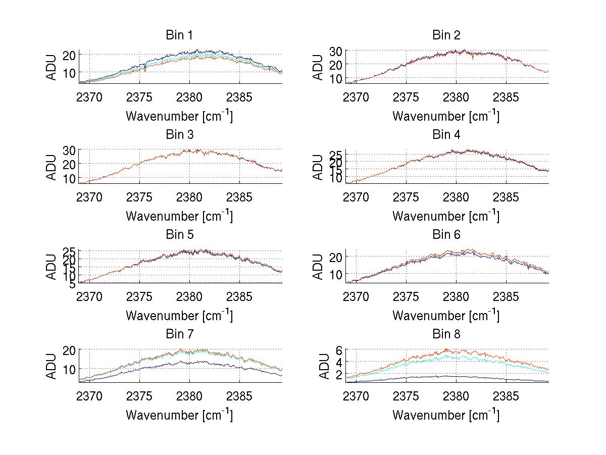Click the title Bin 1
click(x=179, y=35)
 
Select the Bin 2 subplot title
click(x=446, y=35)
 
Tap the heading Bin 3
click(x=179, y=135)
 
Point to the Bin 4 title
click(x=446, y=135)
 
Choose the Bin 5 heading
click(x=179, y=235)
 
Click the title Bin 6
click(x=446, y=235)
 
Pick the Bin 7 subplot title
click(x=179, y=334)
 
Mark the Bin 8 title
click(x=446, y=334)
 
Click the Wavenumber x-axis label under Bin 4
click(x=446, y=216)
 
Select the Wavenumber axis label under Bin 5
click(x=179, y=316)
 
